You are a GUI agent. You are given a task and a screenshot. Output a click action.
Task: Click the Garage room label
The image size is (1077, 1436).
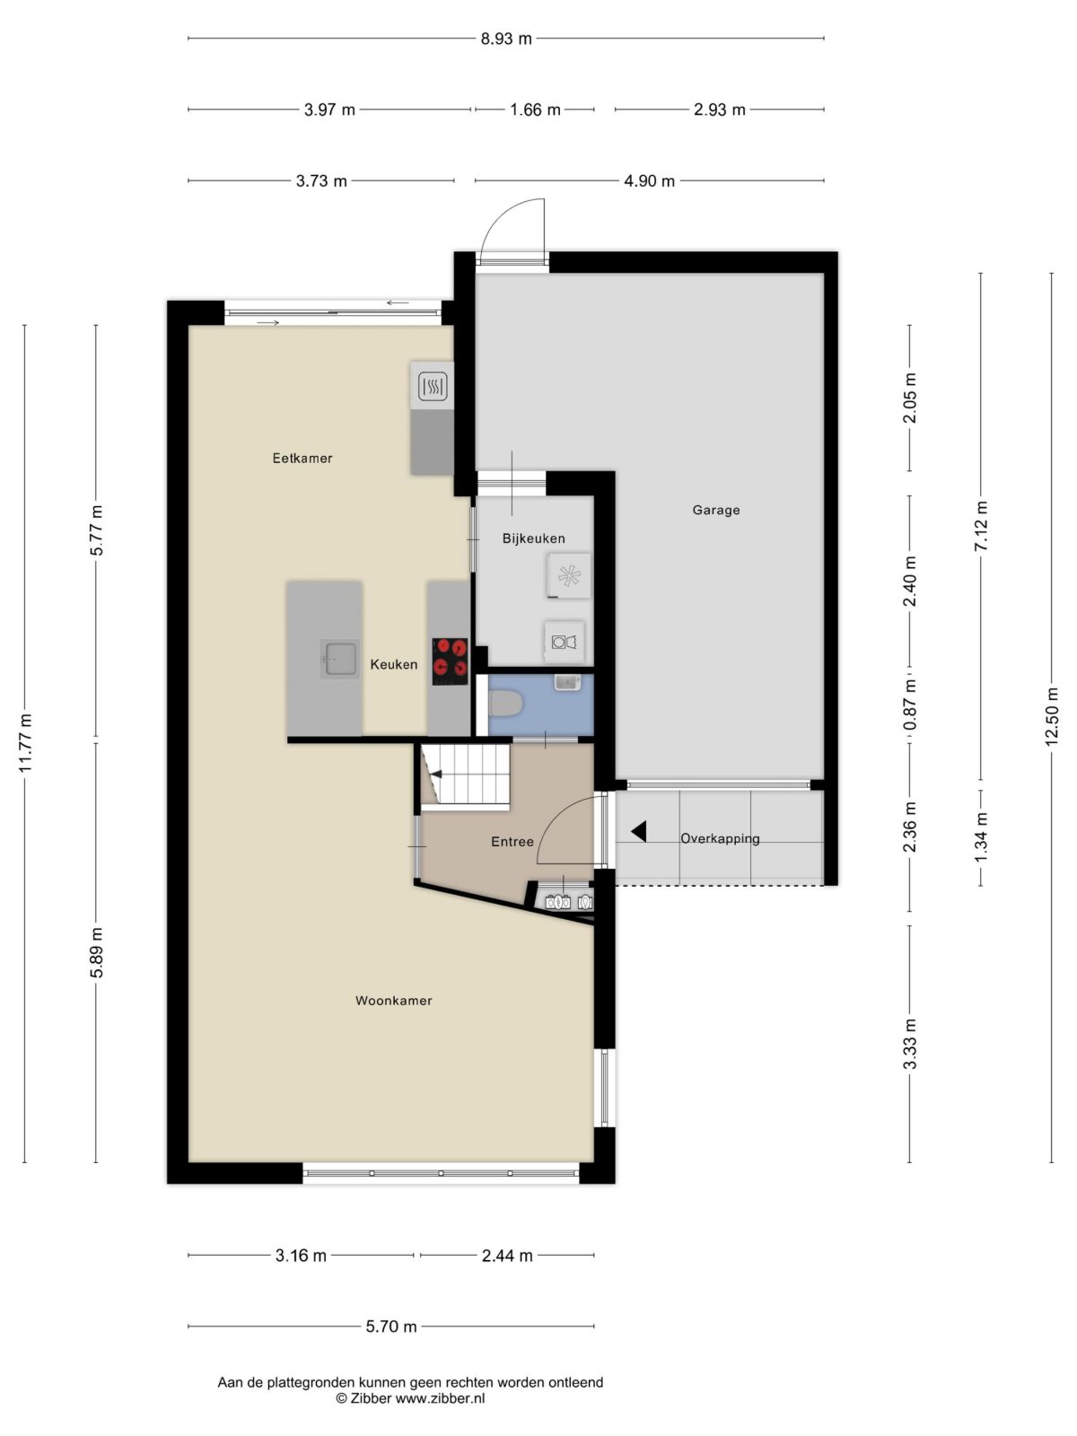coord(716,510)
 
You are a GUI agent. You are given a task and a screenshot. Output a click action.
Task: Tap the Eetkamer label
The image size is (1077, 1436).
coord(302,458)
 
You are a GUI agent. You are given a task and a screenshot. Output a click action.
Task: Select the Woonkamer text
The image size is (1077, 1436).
coord(394,1001)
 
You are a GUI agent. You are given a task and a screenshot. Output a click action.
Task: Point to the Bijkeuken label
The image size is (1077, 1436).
coord(534,538)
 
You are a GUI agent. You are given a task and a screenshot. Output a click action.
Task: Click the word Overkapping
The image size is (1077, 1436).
coord(720,838)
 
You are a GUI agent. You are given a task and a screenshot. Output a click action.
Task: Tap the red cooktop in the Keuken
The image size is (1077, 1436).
coord(450,661)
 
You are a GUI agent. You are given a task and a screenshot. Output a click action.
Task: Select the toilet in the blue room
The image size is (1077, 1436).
coord(506,705)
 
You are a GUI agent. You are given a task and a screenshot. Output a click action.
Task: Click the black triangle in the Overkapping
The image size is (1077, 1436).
coord(639,831)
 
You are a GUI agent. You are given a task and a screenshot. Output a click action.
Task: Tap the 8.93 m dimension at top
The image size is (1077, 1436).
coord(506,39)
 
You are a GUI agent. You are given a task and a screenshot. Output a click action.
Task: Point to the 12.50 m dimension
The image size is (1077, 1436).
coord(1051,716)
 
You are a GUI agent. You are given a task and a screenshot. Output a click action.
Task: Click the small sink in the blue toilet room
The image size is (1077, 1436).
coord(567,682)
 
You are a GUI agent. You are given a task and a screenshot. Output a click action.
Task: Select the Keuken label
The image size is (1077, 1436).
coord(394,665)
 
